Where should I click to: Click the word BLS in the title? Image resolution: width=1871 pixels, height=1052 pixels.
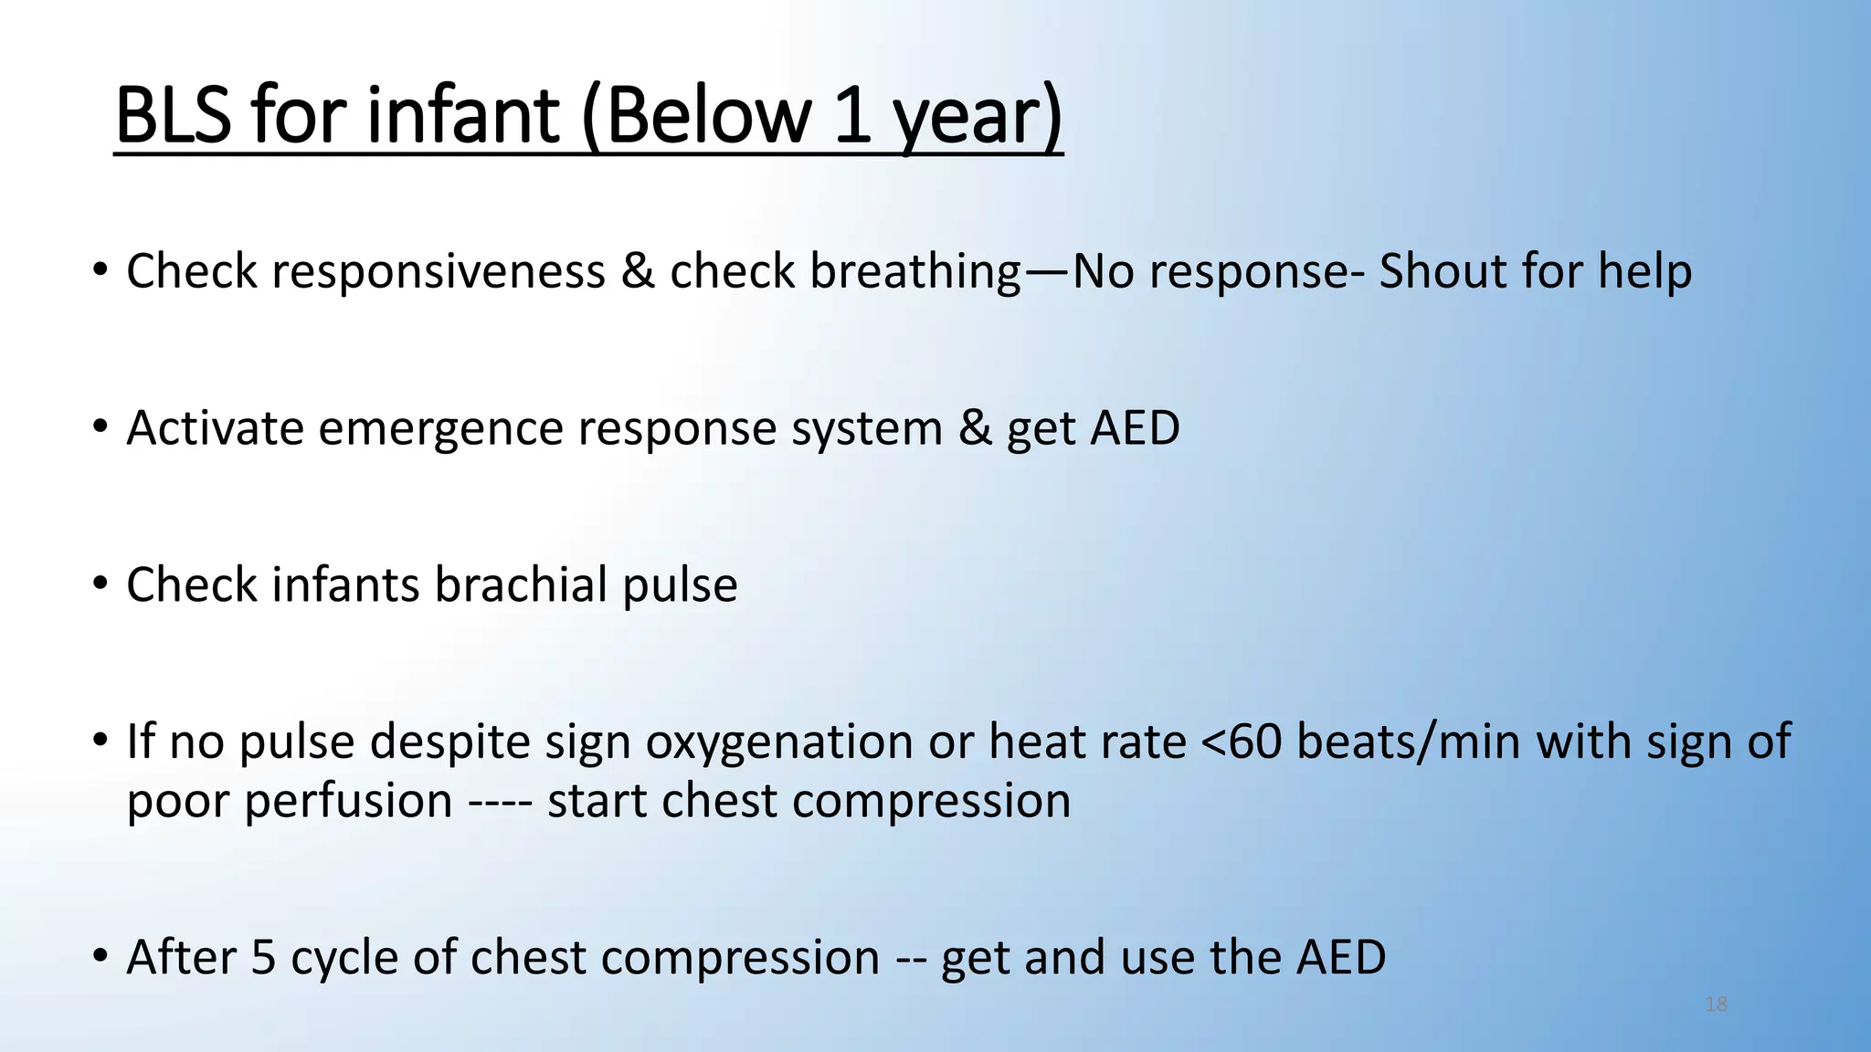point(174,116)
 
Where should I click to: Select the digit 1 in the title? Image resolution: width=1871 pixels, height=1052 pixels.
point(851,116)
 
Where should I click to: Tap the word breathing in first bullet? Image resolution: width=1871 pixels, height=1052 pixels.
point(914,272)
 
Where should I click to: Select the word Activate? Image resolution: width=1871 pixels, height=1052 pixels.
point(215,428)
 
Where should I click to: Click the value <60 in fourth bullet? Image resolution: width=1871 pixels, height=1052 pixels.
point(1241,742)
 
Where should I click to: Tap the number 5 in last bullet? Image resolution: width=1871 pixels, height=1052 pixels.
point(263,958)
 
